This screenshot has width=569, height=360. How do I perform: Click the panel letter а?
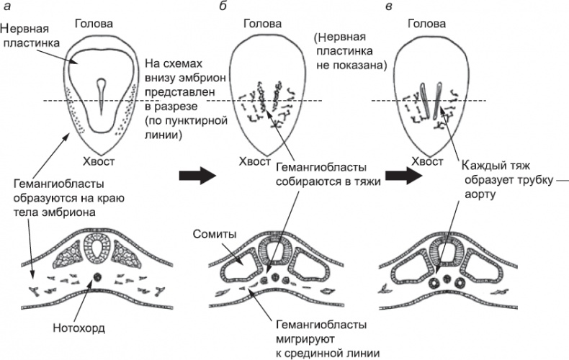point(7,6)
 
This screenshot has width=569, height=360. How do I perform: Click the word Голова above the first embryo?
point(94,23)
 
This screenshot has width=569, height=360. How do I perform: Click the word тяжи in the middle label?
point(365,182)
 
